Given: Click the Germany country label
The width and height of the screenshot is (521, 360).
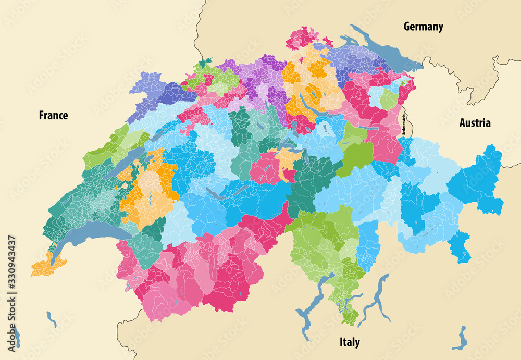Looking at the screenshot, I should tap(423, 27).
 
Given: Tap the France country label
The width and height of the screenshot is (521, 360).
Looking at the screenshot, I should tap(53, 115).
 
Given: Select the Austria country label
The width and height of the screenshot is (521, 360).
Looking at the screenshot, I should tap(474, 123).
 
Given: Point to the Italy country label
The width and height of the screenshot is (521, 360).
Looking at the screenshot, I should tap(349, 342).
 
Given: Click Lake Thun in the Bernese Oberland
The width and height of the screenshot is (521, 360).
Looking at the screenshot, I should tap(215, 193).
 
